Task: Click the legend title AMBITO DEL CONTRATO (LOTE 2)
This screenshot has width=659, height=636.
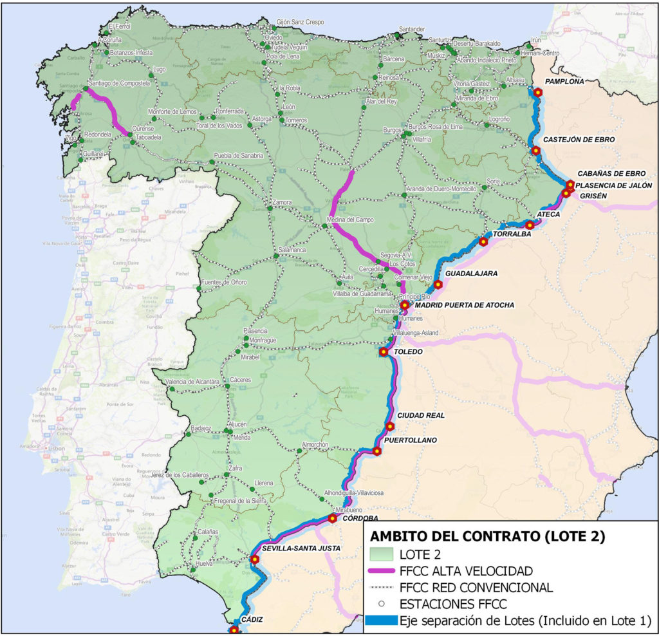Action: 487,535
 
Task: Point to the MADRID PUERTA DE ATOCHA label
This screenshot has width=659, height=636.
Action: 465,305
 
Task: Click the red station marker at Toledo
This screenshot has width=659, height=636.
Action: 384,352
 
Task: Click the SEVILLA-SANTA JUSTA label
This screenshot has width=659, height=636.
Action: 301,548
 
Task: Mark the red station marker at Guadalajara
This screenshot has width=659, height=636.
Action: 438,285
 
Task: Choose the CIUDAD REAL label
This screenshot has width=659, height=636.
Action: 421,415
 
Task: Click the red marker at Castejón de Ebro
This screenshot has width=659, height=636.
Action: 535,151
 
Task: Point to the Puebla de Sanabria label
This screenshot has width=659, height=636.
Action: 239,156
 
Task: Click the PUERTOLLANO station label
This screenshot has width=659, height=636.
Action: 411,440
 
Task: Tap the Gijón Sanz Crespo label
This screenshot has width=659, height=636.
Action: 300,21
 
